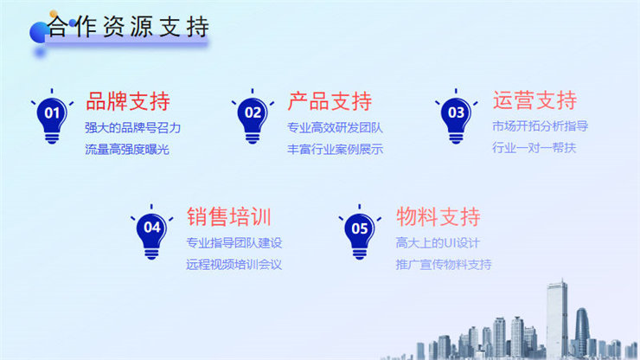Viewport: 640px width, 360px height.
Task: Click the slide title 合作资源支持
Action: point(128,27)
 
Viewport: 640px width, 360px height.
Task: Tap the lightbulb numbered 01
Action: point(52,117)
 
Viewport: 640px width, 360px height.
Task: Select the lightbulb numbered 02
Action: point(253,117)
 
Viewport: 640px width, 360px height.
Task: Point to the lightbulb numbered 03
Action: point(456,117)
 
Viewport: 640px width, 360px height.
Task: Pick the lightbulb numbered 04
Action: point(151,232)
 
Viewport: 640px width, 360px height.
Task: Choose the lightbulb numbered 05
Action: point(360,232)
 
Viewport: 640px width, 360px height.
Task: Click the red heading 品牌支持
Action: point(128,101)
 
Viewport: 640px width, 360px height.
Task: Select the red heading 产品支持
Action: point(330,101)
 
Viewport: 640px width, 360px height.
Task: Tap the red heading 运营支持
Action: point(534,100)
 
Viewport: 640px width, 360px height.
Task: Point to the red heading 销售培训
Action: point(229,216)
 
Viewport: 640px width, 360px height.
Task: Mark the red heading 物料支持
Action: point(438,216)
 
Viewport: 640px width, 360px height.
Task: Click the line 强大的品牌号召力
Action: point(132,128)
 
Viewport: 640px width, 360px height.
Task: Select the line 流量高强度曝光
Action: point(127,149)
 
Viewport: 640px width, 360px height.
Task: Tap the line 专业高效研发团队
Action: point(335,128)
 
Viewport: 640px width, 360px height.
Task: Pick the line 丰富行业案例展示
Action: point(335,149)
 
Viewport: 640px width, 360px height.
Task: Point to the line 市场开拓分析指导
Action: point(540,126)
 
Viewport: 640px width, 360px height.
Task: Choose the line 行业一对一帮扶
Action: point(534,147)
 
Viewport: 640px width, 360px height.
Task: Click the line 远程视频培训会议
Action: point(234,265)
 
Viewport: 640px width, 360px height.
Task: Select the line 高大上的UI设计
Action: point(438,243)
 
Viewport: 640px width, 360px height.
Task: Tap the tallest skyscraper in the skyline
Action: point(557,318)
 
